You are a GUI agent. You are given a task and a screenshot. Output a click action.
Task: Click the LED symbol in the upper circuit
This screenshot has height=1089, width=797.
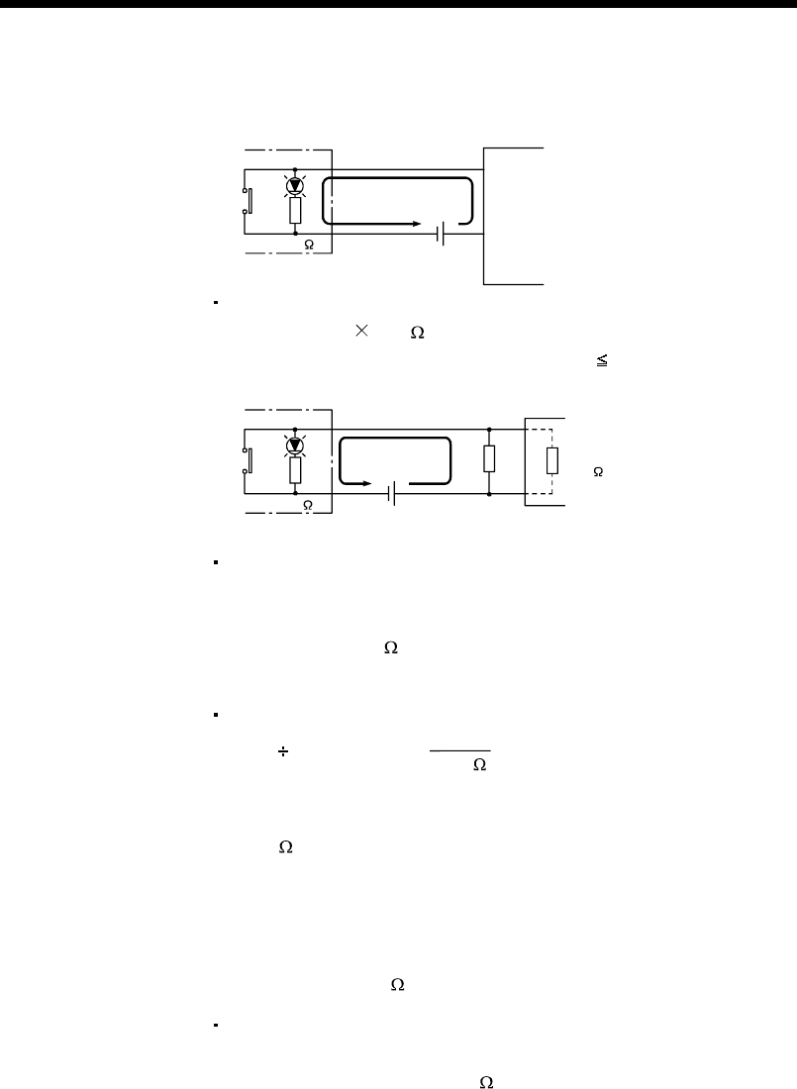pos(295,185)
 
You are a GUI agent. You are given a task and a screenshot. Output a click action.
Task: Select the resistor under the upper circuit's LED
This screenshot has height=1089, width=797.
pos(295,210)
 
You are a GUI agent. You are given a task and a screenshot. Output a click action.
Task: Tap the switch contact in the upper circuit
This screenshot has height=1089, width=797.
pos(248,201)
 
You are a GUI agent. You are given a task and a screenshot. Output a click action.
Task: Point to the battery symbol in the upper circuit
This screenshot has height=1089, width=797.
pos(442,234)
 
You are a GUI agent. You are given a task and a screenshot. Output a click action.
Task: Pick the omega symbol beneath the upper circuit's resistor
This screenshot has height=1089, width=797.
pos(310,244)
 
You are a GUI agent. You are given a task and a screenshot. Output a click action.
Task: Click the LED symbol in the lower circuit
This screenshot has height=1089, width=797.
pos(295,445)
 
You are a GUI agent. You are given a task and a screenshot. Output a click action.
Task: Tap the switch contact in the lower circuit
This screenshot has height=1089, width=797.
pos(248,461)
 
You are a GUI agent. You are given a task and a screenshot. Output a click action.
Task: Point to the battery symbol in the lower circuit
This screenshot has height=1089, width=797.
pos(394,492)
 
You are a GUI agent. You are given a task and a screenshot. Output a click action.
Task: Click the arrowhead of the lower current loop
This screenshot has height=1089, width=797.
pos(371,485)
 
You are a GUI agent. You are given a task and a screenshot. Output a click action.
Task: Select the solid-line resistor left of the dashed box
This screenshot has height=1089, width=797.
pos(489,459)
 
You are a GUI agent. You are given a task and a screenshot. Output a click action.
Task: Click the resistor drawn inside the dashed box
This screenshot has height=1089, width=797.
pos(551,460)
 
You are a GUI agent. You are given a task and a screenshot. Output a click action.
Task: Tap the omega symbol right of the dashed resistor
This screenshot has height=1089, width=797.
pos(598,473)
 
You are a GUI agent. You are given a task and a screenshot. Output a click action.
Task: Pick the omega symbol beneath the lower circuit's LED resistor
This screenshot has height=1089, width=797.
pos(308,505)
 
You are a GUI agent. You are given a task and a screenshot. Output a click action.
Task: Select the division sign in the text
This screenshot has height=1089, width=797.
pos(281,753)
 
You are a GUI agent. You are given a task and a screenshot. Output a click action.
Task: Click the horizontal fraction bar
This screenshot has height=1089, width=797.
pos(460,749)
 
